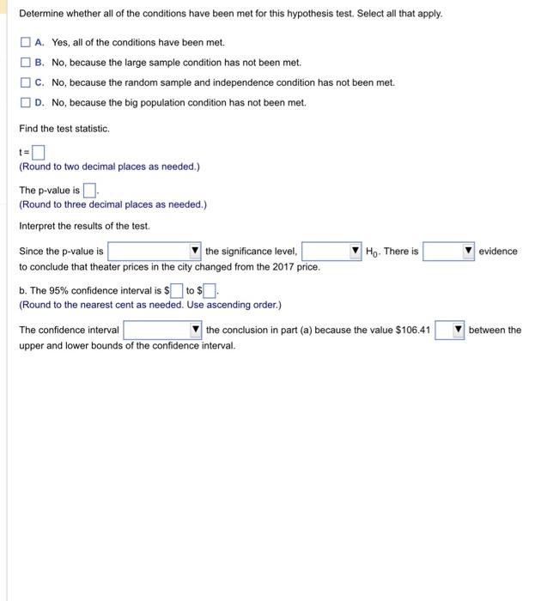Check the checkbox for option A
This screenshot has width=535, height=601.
[26, 42]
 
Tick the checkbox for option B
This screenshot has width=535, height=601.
[26, 63]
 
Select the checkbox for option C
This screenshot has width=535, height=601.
[26, 82]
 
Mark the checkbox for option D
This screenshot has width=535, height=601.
[26, 103]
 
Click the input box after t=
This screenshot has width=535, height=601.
[39, 154]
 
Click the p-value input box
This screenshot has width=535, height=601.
[90, 191]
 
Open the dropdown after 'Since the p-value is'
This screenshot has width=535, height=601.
[155, 252]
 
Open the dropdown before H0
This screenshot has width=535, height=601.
[331, 252]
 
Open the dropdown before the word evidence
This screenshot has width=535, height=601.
[449, 252]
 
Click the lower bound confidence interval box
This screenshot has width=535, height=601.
[176, 290]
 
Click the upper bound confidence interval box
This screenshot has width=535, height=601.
[210, 290]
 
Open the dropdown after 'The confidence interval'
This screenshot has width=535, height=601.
[162, 331]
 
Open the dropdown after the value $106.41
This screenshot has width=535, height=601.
[449, 331]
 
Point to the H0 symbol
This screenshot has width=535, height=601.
[372, 252]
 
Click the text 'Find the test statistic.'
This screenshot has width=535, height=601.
[64, 129]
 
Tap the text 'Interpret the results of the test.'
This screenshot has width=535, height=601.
[84, 226]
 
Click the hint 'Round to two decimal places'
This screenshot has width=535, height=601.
[109, 167]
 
